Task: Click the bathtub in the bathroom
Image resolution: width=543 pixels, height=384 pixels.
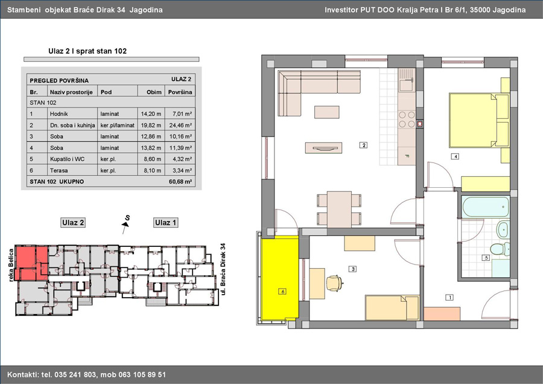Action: pos(486,207)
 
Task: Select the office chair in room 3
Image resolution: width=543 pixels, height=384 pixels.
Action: pos(334,283)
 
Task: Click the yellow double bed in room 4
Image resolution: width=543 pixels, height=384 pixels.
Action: pos(478,120)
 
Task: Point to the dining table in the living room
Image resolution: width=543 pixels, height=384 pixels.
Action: pos(339,209)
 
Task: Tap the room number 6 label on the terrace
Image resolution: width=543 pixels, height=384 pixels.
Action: pos(282,292)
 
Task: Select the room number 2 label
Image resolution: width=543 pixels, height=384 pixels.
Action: pos(364,146)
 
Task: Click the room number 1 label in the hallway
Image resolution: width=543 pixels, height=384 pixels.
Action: pos(449,297)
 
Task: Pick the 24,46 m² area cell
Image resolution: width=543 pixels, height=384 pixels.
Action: pos(180,125)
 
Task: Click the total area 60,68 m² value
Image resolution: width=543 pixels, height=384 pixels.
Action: pos(180,182)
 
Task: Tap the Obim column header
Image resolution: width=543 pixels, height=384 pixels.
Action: pos(154,92)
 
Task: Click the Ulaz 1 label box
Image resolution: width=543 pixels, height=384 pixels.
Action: pos(165,223)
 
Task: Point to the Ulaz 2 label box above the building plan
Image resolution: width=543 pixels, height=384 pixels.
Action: pos(73,223)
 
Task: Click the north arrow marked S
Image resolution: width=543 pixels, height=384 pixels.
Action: pos(125,224)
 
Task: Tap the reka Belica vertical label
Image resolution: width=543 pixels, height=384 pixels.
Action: pos(11,265)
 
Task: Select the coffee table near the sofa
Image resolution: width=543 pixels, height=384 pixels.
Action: pos(327,112)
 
